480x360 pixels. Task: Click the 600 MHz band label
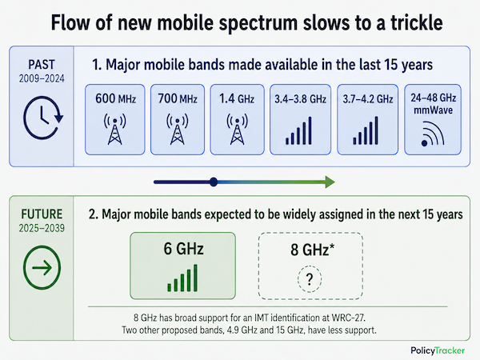coord(115,98)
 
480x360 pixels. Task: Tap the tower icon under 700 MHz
coord(178,129)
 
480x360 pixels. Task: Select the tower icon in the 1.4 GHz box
coord(238,129)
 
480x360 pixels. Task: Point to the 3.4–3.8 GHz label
coord(300,99)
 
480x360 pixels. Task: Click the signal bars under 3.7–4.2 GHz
coord(366,130)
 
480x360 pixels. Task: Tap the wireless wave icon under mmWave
coord(433,134)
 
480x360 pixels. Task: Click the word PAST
coord(42,65)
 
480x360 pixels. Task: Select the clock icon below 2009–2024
coord(43,118)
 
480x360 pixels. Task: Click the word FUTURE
coord(42,214)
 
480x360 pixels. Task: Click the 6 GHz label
coord(183,248)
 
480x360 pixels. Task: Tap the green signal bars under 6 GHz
coord(182,278)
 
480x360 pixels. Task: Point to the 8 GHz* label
coord(313,250)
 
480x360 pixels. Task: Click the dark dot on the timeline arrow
coord(214,182)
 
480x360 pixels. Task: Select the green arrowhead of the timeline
coord(330,182)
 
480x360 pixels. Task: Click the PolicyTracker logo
coord(438,350)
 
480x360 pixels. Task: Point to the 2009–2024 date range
coord(42,78)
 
